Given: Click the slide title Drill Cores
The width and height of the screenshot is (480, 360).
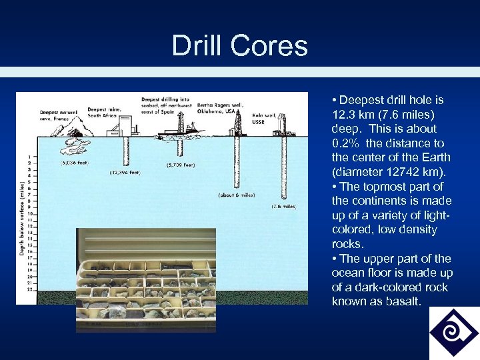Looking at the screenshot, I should [x=239, y=45].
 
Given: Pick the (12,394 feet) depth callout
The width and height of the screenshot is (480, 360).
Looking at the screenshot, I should [x=125, y=173].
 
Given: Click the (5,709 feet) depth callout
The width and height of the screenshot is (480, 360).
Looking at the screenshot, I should [x=181, y=165].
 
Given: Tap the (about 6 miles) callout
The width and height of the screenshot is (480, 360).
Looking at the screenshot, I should [x=237, y=195].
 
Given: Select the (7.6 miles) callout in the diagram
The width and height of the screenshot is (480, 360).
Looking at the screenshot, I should [x=283, y=207].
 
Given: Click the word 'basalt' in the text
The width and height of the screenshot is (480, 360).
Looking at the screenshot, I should [x=405, y=301].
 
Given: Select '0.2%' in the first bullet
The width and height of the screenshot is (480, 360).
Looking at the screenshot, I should [x=345, y=143].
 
